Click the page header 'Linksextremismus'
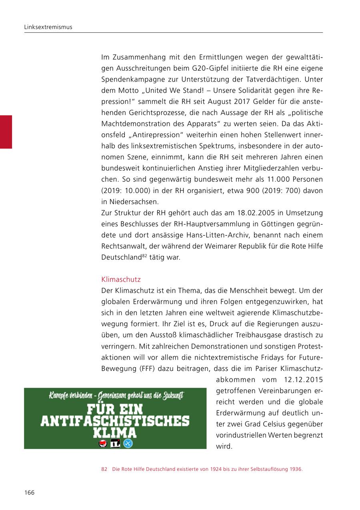pos(48,27)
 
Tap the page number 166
pos(29,492)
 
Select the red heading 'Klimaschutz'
pos(121,279)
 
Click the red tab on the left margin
pos(6,132)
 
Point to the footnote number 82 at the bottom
pos(104,469)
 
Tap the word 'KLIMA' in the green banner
pos(115,433)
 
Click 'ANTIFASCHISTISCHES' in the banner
pos(115,421)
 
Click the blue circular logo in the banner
pos(128,443)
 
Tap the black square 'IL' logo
pos(115,443)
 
